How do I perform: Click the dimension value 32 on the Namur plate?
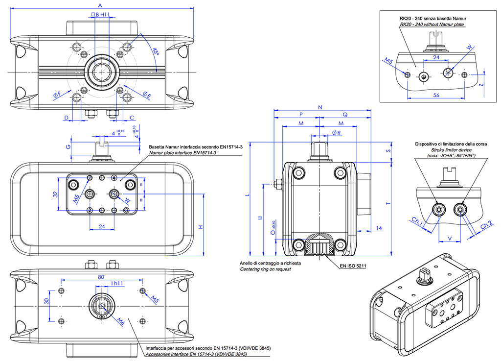tap(56, 194)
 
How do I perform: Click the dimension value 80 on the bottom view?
tap(101, 276)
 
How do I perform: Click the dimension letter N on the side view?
tap(320, 106)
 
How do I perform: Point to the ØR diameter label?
tap(336, 133)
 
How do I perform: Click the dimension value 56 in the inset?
tap(436, 95)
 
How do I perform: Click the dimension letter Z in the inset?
tap(482, 84)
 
